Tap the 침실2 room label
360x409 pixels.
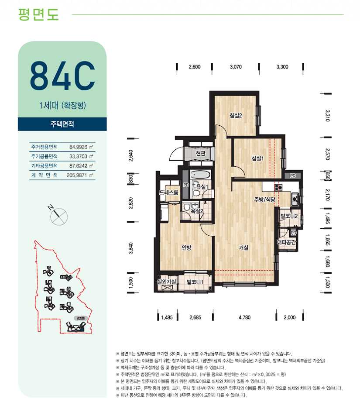coord(236,115)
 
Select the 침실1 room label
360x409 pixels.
coord(257,158)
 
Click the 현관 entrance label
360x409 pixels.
coord(200,153)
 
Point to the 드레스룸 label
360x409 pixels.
coord(169,192)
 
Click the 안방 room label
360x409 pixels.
coord(187,247)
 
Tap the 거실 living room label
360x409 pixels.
coord(244,247)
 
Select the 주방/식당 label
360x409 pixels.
coord(264,199)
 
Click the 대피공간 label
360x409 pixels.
coord(287,242)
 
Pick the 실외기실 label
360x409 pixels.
coord(166,282)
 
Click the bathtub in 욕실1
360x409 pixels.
coord(200,174)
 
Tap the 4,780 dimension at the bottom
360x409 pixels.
coord(244,317)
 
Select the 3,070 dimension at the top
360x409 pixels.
coord(236,67)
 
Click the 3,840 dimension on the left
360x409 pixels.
coord(131,248)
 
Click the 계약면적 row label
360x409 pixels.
coord(45,175)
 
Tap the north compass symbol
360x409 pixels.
coord(58,216)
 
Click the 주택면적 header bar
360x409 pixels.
coord(62,124)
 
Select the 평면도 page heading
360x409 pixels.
coord(38,14)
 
